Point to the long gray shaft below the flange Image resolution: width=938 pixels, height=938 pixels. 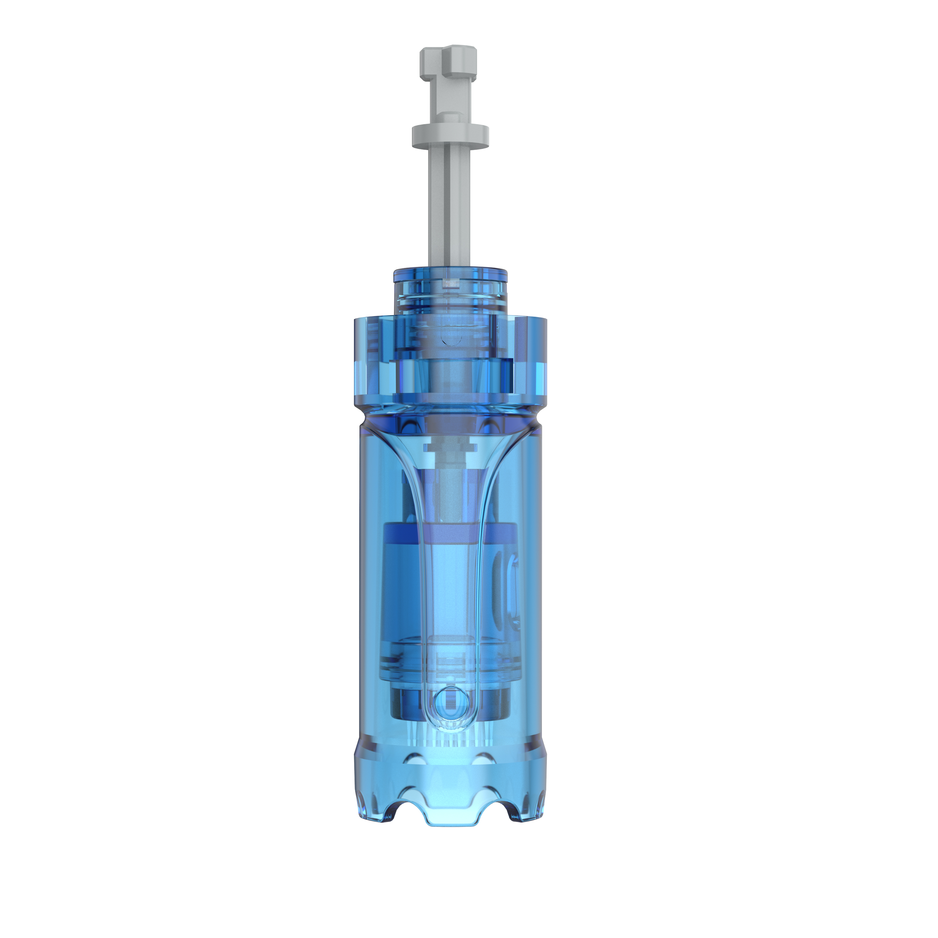(x=450, y=204)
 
